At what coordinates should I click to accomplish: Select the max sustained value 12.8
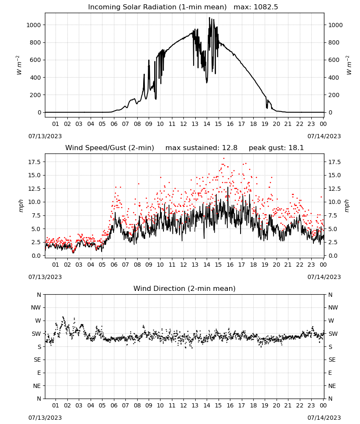click(x=230, y=148)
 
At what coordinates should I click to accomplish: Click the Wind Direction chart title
click(x=185, y=288)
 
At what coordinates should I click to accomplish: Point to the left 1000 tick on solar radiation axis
click(x=33, y=25)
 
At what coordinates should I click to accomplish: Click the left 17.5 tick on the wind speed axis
click(x=35, y=162)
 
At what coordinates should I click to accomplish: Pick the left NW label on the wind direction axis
click(x=36, y=308)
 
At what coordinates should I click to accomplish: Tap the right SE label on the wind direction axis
click(x=332, y=360)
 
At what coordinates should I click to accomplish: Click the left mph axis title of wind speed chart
click(x=21, y=206)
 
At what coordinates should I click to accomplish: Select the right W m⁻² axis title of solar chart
click(x=349, y=65)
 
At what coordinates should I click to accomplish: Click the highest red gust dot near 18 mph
click(x=224, y=159)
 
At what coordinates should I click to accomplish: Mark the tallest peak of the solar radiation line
click(x=209, y=18)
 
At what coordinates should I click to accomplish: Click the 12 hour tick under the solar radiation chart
click(x=183, y=124)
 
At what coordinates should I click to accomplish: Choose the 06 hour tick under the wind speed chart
click(x=114, y=265)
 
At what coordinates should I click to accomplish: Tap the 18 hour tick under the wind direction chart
click(x=253, y=406)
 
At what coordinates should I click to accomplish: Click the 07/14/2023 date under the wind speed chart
click(x=324, y=277)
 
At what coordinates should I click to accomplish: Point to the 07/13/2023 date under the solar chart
click(x=45, y=136)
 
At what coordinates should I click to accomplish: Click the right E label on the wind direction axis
click(x=330, y=373)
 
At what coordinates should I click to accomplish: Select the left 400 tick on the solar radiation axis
click(x=36, y=78)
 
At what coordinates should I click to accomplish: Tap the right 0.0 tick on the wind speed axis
click(x=333, y=256)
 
